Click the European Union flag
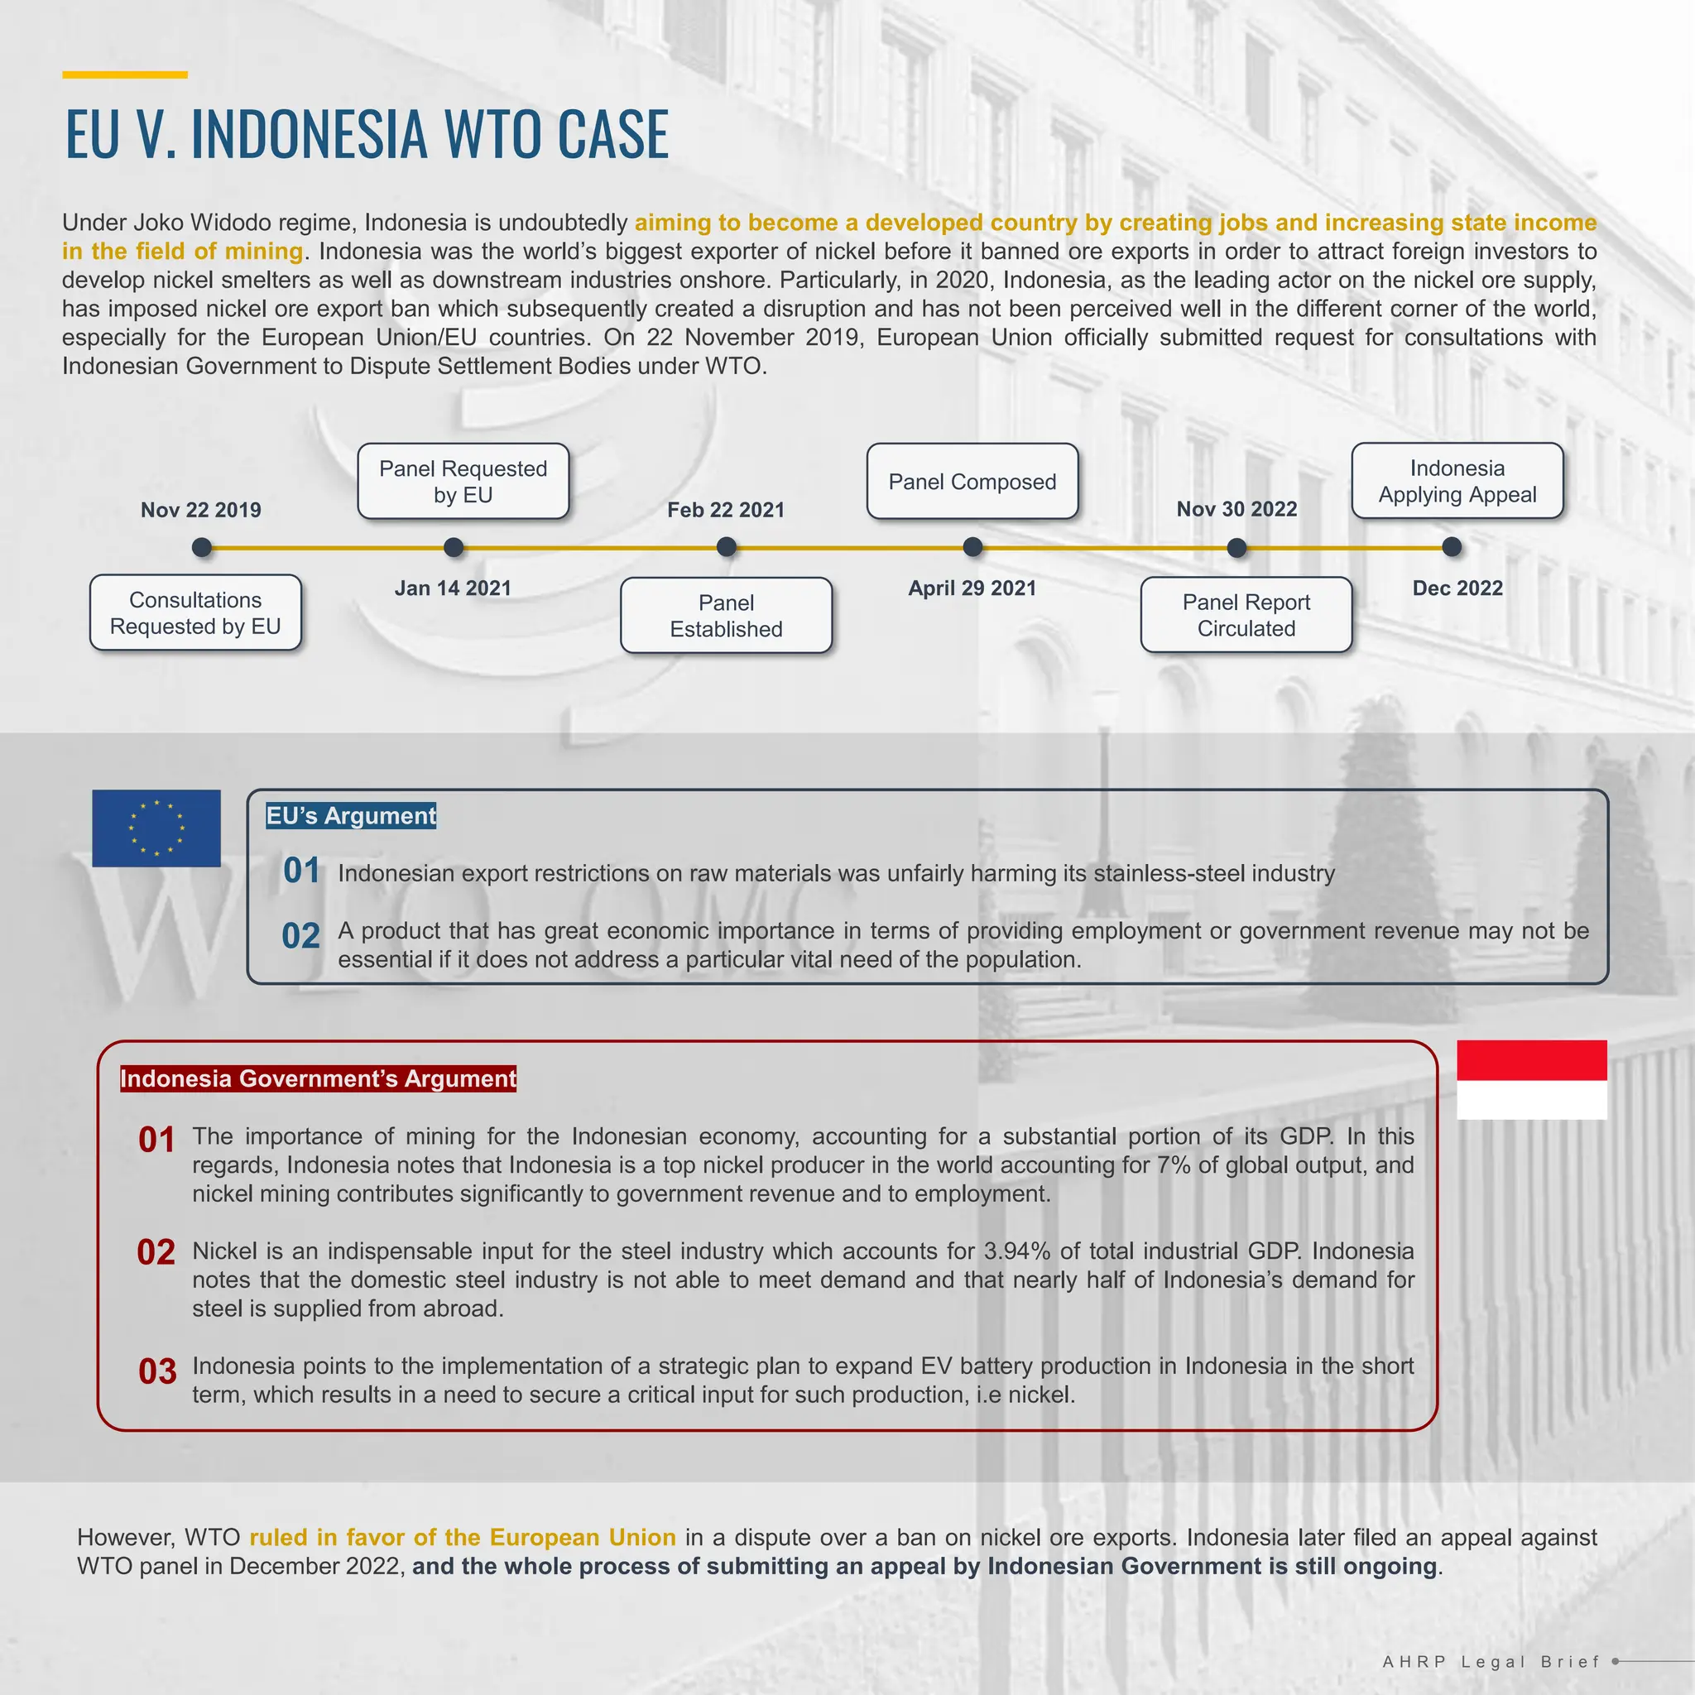click(x=156, y=828)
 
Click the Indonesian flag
click(x=1531, y=1079)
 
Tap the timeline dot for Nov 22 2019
click(x=202, y=547)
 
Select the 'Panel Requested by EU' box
click(x=463, y=482)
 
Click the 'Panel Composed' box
click(x=972, y=482)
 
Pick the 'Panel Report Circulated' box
click(x=1246, y=615)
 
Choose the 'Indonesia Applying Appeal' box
click(x=1457, y=481)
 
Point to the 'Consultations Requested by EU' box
click(x=195, y=613)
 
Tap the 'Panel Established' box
click(x=727, y=616)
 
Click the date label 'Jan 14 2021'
click(x=453, y=588)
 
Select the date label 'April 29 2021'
click(x=972, y=588)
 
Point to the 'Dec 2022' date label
click(x=1457, y=588)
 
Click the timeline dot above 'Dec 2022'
click(x=1452, y=547)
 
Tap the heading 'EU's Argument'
click(x=351, y=816)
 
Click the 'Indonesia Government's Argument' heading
click(x=319, y=1078)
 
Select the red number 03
click(x=158, y=1371)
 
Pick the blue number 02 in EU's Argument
click(x=301, y=936)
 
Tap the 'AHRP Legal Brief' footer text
click(x=1491, y=1662)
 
